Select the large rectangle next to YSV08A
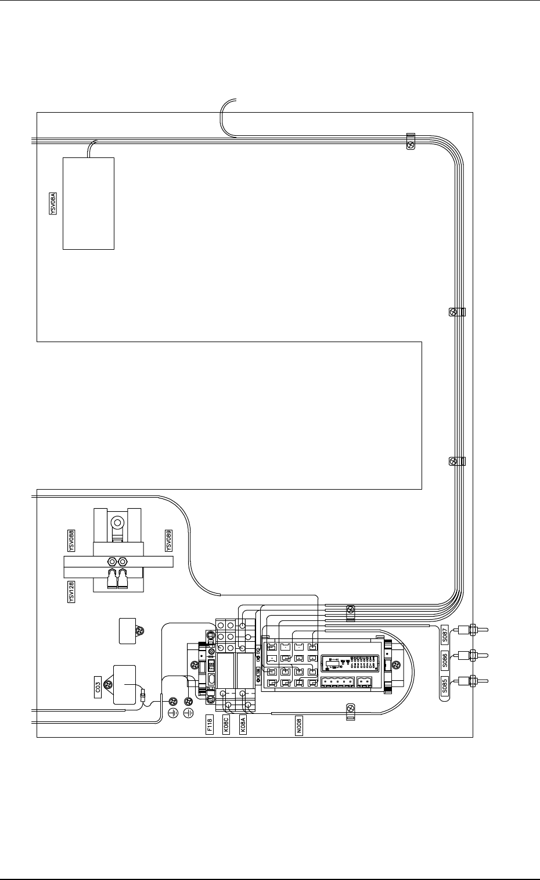[x=88, y=203]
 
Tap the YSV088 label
[x=71, y=540]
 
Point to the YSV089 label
[x=168, y=540]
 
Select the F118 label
[x=210, y=726]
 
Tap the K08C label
[x=226, y=726]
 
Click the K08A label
[x=243, y=726]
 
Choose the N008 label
[x=299, y=726]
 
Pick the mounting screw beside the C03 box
[x=107, y=687]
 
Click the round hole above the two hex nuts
[x=117, y=523]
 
